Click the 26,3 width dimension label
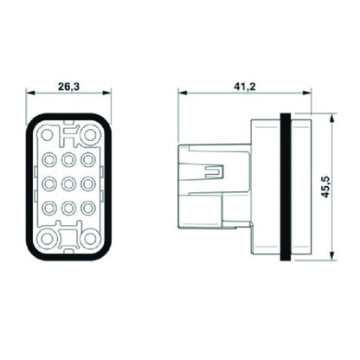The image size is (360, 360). point(69,86)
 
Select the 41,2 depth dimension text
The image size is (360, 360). point(242,86)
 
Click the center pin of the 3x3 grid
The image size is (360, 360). point(68,183)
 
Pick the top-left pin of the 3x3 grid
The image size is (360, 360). point(48,160)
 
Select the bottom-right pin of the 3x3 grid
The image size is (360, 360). point(88,208)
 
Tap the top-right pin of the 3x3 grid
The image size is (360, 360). point(88,160)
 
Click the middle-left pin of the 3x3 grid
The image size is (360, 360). point(48,183)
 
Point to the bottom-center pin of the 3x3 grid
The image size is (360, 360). point(68,208)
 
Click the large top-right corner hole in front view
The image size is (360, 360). point(90,133)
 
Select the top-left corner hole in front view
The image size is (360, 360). point(47,133)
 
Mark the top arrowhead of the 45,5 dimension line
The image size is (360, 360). point(332,116)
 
